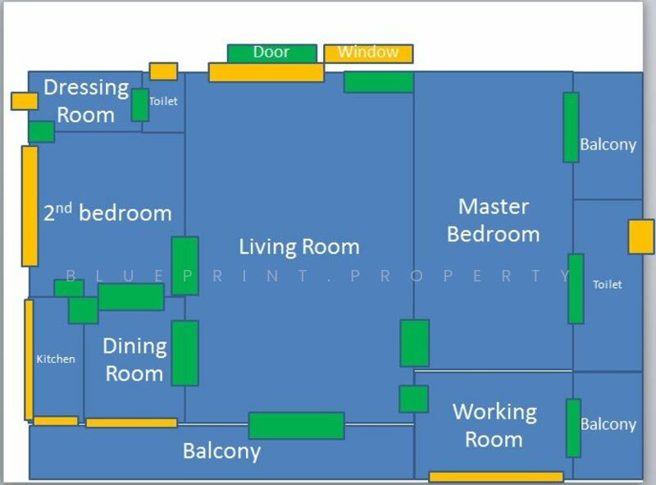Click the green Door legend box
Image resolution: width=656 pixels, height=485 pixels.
click(x=272, y=53)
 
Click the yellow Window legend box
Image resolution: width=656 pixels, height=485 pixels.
click(x=368, y=53)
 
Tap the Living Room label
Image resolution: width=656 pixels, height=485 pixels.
click(x=299, y=247)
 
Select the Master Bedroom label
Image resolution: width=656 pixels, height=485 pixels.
click(x=494, y=220)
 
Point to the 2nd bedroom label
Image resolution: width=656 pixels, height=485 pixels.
click(x=108, y=212)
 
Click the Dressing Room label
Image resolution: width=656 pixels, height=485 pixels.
click(x=86, y=101)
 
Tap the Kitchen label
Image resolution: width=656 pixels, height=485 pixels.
click(x=56, y=359)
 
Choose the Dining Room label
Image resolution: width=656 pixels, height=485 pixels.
click(x=134, y=359)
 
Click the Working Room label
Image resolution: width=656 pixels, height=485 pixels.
click(x=494, y=426)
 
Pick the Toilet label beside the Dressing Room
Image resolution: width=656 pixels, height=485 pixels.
click(x=163, y=101)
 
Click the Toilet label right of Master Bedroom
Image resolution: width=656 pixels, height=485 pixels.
click(x=607, y=285)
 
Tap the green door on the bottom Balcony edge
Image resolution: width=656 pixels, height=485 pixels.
click(x=297, y=426)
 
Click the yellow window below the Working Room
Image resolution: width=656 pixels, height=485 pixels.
click(x=496, y=477)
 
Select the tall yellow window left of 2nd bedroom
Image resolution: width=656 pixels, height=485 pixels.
click(x=30, y=206)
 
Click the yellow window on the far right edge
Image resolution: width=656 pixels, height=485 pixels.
click(x=641, y=237)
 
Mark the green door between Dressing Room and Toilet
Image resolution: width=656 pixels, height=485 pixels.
click(x=140, y=105)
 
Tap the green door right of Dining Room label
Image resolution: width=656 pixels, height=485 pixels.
click(x=185, y=353)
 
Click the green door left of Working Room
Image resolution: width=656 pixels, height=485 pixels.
click(x=414, y=399)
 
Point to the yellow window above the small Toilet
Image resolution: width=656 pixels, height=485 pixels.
click(x=163, y=71)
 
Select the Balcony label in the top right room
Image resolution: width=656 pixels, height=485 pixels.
click(x=608, y=145)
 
